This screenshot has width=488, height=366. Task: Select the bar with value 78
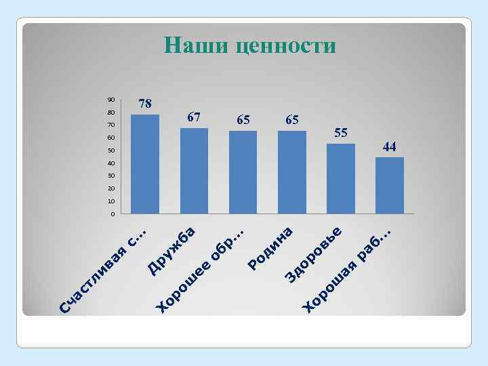click(145, 164)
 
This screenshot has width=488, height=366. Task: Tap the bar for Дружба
click(194, 171)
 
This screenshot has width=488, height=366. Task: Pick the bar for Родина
click(292, 172)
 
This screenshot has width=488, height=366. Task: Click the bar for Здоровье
click(341, 179)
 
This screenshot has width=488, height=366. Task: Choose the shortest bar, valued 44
click(390, 186)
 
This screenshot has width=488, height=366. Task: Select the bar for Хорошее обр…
click(243, 172)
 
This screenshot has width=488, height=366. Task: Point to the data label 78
click(145, 104)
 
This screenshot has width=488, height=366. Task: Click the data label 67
click(194, 117)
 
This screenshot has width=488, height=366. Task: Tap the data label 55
click(341, 133)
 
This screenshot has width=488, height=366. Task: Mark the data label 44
click(390, 146)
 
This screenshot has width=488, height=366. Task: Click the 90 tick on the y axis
click(111, 99)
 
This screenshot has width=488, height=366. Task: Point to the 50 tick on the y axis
click(111, 150)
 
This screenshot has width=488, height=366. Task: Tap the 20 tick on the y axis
click(111, 189)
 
